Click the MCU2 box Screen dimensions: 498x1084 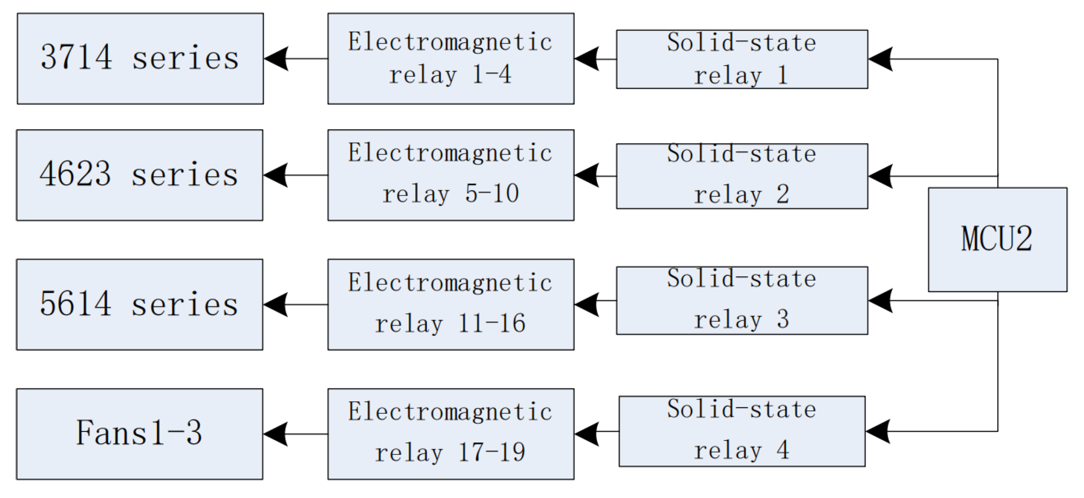click(x=997, y=239)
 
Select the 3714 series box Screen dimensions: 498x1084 click(x=140, y=58)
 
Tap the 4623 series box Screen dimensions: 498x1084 click(x=139, y=175)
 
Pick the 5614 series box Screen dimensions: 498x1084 click(x=139, y=305)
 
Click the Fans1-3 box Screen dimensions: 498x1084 click(x=139, y=434)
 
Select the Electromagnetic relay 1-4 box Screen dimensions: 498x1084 click(x=451, y=58)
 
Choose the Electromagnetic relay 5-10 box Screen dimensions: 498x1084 click(x=451, y=175)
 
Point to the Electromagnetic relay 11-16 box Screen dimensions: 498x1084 click(x=451, y=305)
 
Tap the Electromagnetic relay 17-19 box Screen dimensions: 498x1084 click(x=451, y=434)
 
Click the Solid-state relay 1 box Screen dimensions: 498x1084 click(x=742, y=59)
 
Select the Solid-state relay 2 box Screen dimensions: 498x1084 click(x=742, y=176)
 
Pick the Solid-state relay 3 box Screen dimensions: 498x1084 click(x=742, y=301)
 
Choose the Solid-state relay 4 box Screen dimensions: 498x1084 click(x=742, y=431)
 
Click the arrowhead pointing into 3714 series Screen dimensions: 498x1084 click(x=276, y=59)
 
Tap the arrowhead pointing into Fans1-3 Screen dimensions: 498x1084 click(x=275, y=434)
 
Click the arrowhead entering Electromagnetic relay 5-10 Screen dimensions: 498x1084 click(x=586, y=176)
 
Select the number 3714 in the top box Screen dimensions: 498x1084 click(x=77, y=58)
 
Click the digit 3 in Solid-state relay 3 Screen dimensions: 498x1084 click(x=783, y=319)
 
